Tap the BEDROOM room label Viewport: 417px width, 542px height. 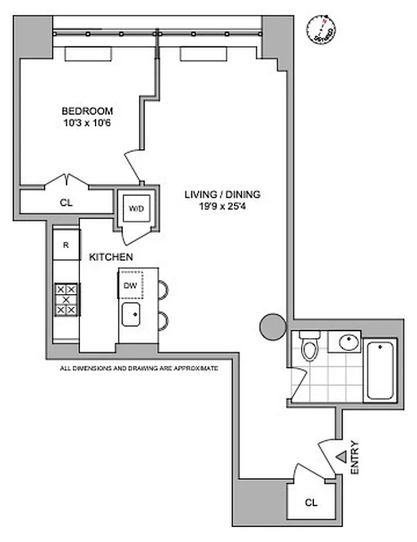tap(87, 111)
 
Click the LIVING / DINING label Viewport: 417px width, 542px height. tap(222, 194)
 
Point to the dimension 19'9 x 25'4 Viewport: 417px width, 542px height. tap(222, 206)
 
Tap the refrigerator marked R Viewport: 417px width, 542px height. tap(66, 245)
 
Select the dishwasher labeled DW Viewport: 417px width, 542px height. tap(130, 285)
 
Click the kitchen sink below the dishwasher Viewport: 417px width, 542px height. tap(131, 314)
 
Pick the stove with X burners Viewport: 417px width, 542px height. tap(66, 298)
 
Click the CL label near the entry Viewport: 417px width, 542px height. tap(311, 503)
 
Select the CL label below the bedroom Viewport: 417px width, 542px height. tap(66, 203)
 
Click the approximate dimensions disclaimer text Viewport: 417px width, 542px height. tap(138, 368)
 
